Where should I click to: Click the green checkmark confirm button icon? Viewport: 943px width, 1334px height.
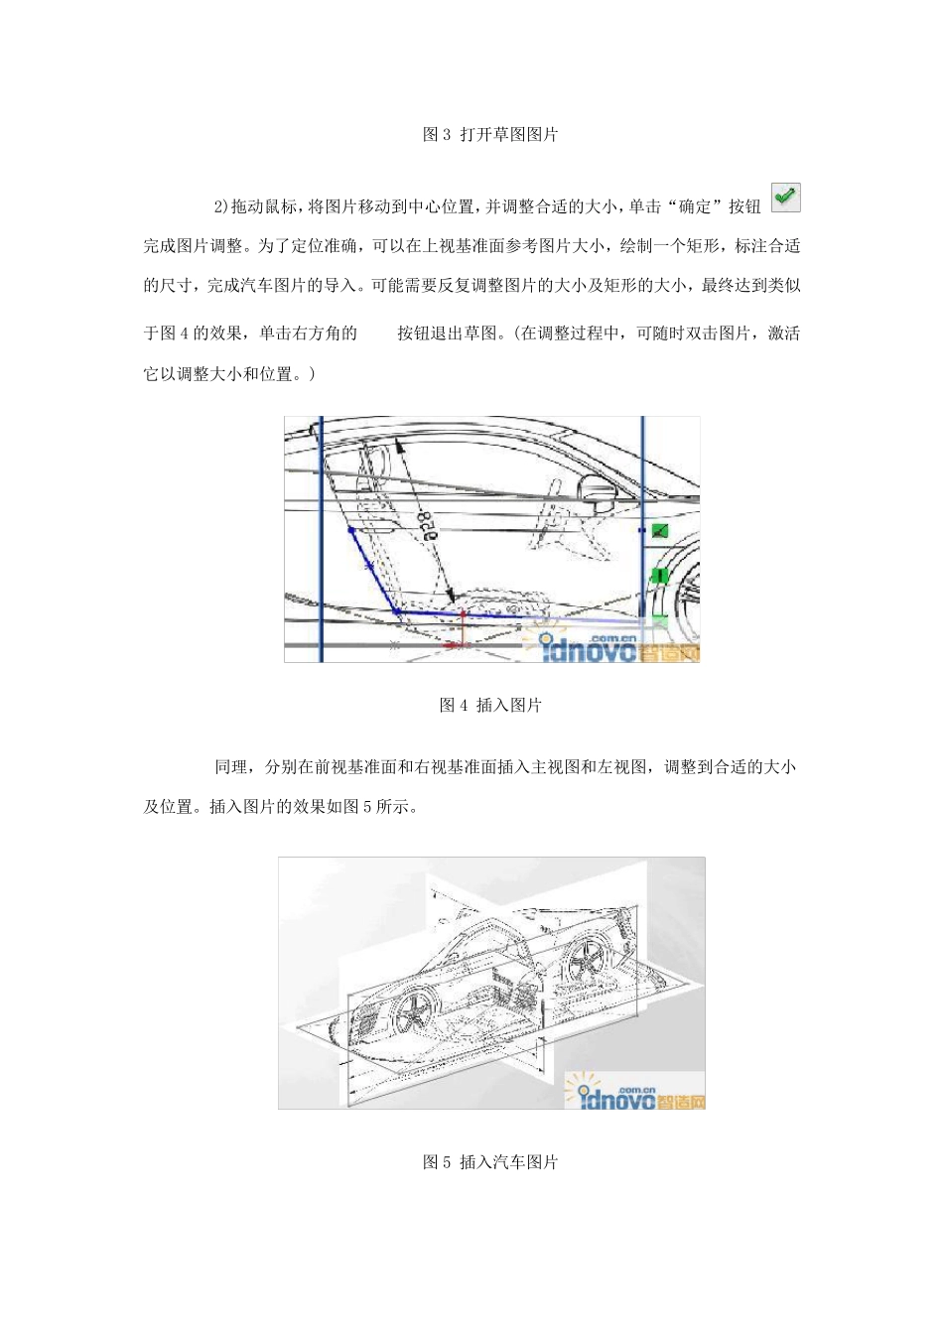click(x=785, y=198)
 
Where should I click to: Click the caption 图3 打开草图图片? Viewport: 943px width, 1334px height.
click(x=490, y=134)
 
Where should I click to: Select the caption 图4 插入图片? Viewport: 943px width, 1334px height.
click(x=490, y=705)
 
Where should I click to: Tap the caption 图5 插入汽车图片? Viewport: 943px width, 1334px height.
click(x=490, y=1161)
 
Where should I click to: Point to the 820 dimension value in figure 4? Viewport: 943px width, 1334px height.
click(x=428, y=523)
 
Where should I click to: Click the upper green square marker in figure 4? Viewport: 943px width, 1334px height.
click(x=660, y=531)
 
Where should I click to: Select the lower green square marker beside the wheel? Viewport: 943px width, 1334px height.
click(x=659, y=576)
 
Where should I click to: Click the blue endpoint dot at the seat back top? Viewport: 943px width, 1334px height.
click(x=351, y=530)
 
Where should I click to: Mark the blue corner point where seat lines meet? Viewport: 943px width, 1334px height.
click(x=397, y=611)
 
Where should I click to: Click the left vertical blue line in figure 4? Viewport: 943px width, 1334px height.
click(x=321, y=541)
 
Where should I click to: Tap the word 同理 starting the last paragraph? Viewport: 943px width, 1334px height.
click(x=230, y=766)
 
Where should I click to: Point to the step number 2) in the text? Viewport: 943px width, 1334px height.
click(x=221, y=206)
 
